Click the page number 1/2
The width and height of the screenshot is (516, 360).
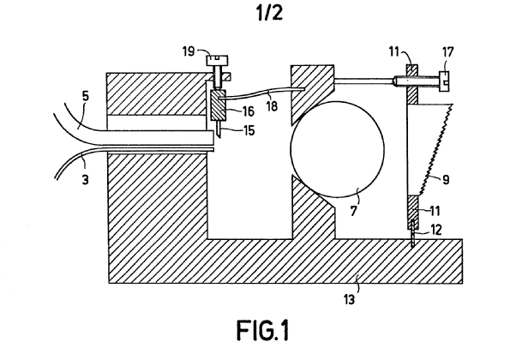click(257, 14)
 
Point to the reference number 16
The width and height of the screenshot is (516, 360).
click(247, 110)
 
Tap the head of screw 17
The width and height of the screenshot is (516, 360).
click(443, 80)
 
